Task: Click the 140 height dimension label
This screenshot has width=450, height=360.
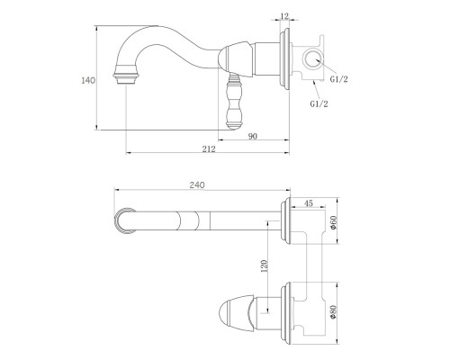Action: (x=88, y=80)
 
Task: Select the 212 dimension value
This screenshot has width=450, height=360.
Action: (x=209, y=148)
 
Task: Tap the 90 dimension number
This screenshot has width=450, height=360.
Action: (x=253, y=136)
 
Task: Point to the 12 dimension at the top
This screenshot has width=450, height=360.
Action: (x=284, y=15)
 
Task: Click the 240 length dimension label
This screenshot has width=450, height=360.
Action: (x=197, y=185)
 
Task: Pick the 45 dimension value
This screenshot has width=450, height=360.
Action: (x=309, y=203)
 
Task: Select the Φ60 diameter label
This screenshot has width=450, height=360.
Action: (x=334, y=222)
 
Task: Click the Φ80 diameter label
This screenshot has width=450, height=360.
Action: (x=333, y=312)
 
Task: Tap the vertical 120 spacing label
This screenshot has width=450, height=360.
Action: (x=265, y=266)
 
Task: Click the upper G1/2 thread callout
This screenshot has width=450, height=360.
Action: (x=338, y=79)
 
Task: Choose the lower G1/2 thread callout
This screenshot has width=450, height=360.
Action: (x=319, y=103)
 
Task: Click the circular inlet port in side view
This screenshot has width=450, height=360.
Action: (x=312, y=59)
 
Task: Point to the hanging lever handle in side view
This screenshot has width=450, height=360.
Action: (x=234, y=102)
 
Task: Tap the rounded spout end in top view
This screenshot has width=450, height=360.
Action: (x=123, y=220)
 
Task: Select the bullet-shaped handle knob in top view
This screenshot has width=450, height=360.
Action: (x=237, y=312)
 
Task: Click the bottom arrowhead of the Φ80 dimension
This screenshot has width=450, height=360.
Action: (x=337, y=342)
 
